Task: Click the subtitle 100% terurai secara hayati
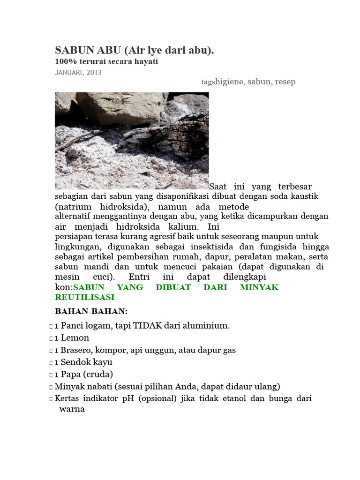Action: coord(106,62)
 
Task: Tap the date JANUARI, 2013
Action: coord(78,73)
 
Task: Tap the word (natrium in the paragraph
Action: coord(73,207)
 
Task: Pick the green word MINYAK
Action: coord(259,287)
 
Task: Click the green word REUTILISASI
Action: coord(84,297)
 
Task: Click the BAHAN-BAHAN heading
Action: coord(91,311)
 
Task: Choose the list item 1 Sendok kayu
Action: coord(83,362)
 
